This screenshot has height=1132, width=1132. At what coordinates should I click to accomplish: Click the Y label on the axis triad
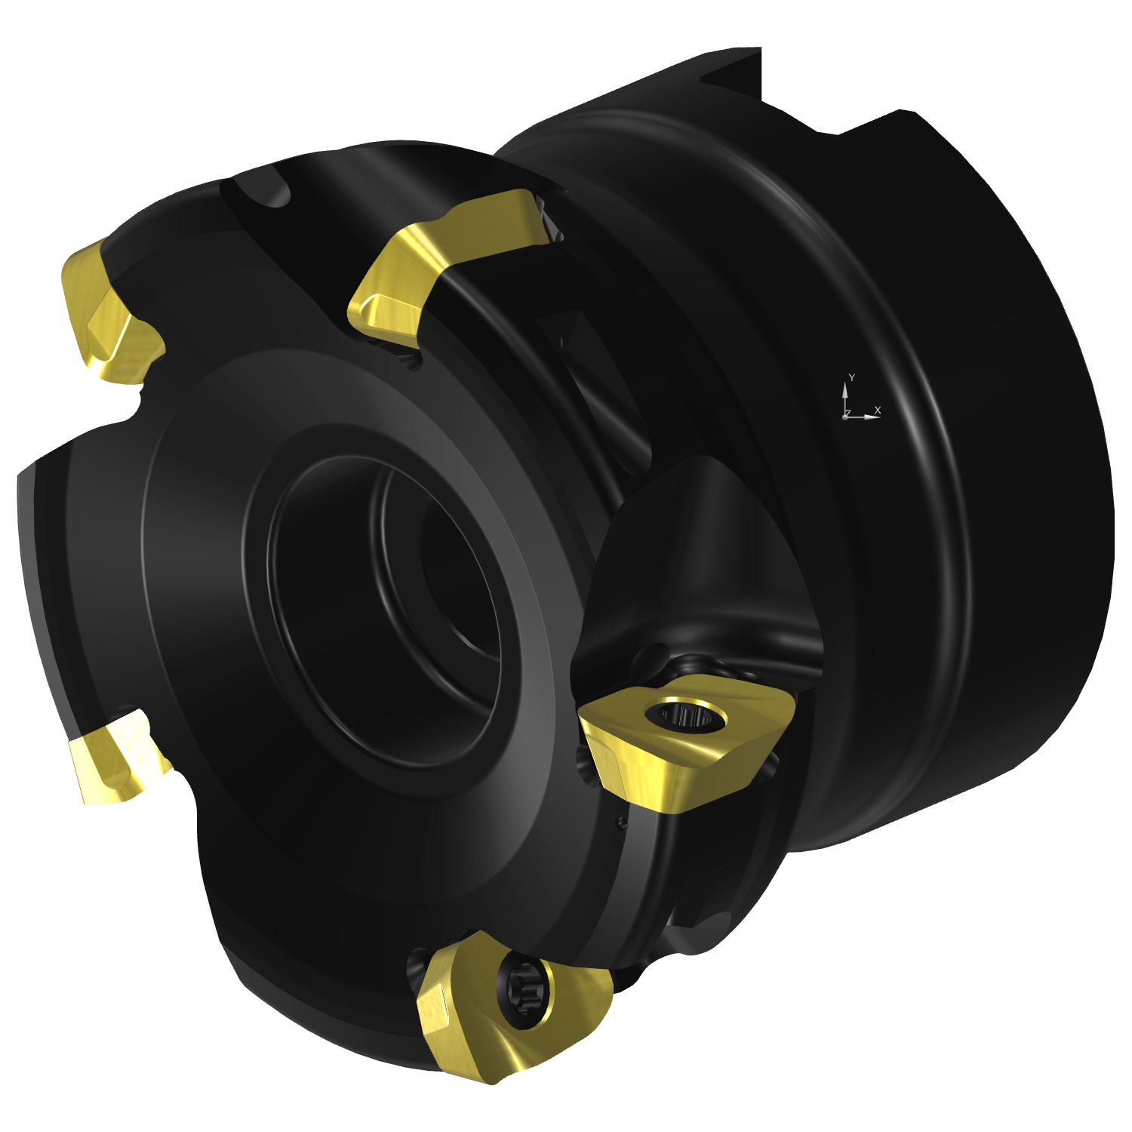click(x=851, y=377)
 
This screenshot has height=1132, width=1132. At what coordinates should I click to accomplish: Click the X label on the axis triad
click(x=877, y=410)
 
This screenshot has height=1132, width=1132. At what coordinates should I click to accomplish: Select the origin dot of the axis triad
click(x=845, y=417)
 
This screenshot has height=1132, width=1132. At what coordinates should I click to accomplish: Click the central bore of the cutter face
click(x=385, y=604)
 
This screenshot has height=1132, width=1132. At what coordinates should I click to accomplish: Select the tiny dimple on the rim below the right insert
click(x=620, y=822)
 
